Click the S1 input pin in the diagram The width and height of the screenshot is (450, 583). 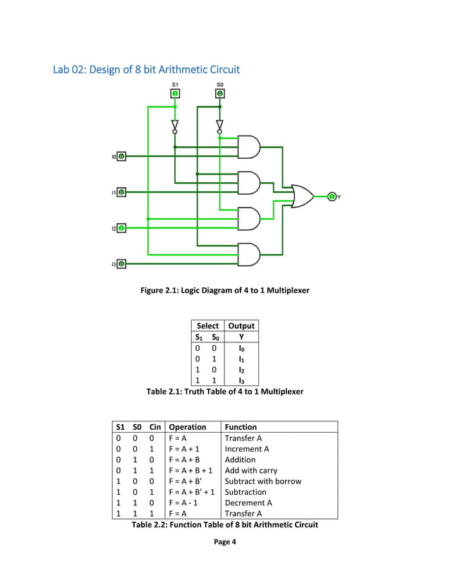(x=175, y=93)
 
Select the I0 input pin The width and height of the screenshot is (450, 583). (x=121, y=156)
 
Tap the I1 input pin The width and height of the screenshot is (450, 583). (x=121, y=191)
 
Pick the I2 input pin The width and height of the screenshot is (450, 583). (x=121, y=228)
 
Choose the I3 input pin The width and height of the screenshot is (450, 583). (x=121, y=264)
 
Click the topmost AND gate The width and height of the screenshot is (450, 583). (x=249, y=147)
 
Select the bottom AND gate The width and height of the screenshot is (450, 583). (x=249, y=253)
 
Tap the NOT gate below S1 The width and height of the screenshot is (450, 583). (x=175, y=126)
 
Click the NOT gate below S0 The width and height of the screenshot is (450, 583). (x=219, y=126)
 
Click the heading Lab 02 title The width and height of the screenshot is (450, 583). (x=147, y=69)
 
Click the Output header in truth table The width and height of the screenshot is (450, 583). (x=240, y=325)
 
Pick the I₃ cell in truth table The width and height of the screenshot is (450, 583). (x=240, y=380)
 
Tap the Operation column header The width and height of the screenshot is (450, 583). (x=188, y=426)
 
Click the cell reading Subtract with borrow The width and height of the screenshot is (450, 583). (x=262, y=481)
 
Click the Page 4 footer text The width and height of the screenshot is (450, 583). (x=224, y=541)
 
